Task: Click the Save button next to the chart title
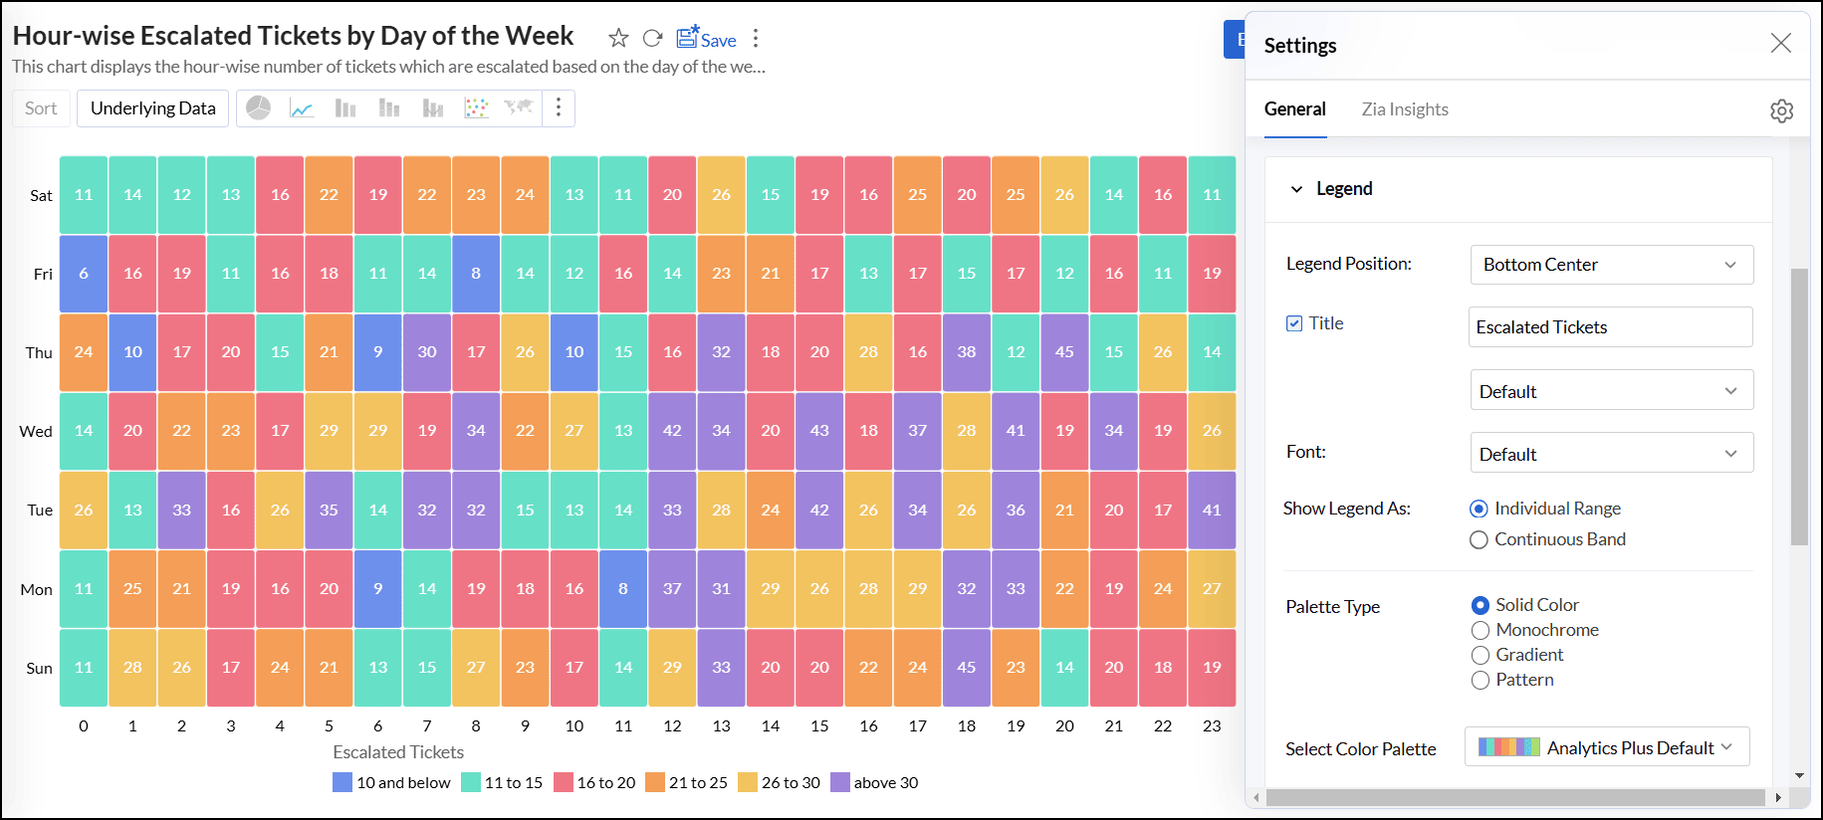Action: click(707, 39)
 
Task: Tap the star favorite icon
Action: click(618, 38)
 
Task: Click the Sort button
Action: click(41, 108)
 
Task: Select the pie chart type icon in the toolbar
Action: click(259, 107)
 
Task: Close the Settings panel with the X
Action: click(1780, 43)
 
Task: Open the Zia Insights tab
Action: click(1404, 109)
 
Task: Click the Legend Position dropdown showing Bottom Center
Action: click(1611, 265)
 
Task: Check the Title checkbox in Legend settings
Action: click(1294, 323)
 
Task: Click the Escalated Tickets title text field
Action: click(1610, 327)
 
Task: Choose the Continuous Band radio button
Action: click(1480, 539)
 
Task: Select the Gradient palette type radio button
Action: click(1481, 655)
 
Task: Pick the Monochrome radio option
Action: click(1481, 630)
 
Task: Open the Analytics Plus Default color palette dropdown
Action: click(1607, 747)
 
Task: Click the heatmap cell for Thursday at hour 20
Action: click(1064, 352)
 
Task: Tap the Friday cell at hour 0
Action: click(84, 274)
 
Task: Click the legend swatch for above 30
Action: click(840, 782)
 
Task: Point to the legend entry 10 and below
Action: click(392, 782)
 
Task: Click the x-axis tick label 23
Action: click(1211, 725)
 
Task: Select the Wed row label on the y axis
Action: click(36, 431)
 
